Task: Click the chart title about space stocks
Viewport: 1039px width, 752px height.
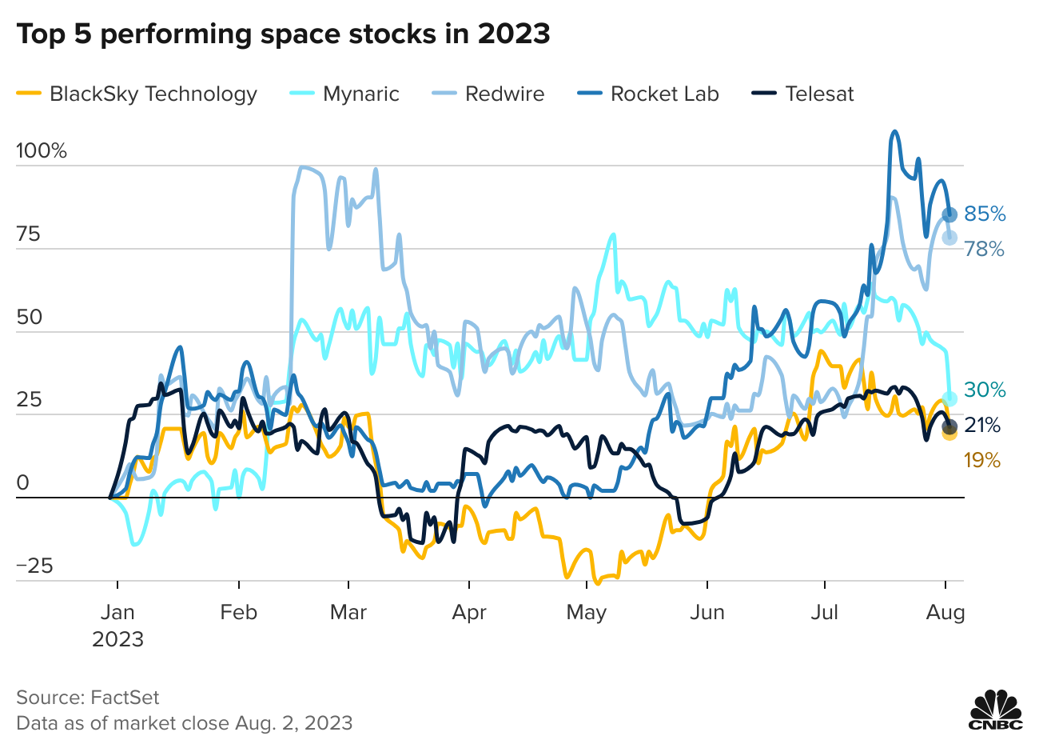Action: click(x=283, y=34)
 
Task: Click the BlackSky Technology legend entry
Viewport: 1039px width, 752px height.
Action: click(x=137, y=94)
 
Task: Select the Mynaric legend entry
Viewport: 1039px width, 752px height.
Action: click(x=344, y=94)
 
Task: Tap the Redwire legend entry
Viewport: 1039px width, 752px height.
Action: click(x=489, y=94)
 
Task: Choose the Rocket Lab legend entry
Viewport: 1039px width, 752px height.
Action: click(x=648, y=94)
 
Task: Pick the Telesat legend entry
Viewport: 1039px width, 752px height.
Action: click(x=804, y=94)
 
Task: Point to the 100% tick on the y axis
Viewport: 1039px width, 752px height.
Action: click(x=42, y=151)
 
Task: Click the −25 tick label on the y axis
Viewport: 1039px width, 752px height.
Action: click(x=35, y=566)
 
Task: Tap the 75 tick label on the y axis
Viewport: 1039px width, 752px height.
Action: click(x=29, y=234)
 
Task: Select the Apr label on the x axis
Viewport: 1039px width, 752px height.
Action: click(x=469, y=613)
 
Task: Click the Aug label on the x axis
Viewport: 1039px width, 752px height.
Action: click(x=945, y=613)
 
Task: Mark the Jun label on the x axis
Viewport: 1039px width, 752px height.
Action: click(x=707, y=613)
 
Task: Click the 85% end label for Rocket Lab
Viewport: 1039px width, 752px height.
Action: click(x=985, y=214)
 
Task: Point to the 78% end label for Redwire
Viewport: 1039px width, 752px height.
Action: click(x=984, y=250)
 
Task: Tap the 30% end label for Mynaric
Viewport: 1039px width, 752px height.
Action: click(x=984, y=390)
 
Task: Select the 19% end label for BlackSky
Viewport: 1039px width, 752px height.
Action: click(x=982, y=460)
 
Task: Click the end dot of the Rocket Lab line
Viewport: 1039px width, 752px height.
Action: click(x=949, y=214)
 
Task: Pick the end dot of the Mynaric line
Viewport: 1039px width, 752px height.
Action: click(x=949, y=398)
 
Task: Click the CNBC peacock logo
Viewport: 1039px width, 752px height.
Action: click(x=996, y=710)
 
